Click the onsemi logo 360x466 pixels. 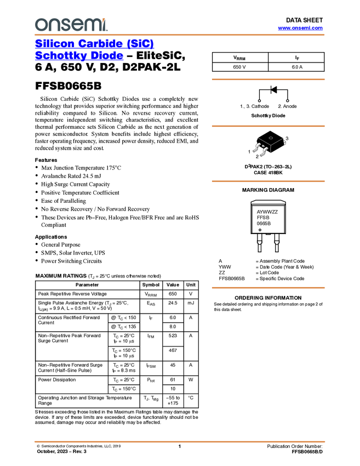[x=71, y=25]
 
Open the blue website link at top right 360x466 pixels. [x=300, y=28]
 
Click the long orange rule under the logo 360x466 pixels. [x=179, y=35]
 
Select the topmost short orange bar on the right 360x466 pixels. [x=268, y=79]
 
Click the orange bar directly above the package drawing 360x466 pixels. [x=268, y=126]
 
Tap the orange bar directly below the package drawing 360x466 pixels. [x=268, y=181]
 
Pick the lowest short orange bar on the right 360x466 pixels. [x=268, y=288]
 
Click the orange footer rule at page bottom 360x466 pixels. [x=179, y=441]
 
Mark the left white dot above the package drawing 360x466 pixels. [x=259, y=101]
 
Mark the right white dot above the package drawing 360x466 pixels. [x=287, y=101]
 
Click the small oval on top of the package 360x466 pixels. [x=271, y=138]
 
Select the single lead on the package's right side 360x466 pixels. [x=285, y=143]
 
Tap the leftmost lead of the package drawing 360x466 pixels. [x=255, y=148]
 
